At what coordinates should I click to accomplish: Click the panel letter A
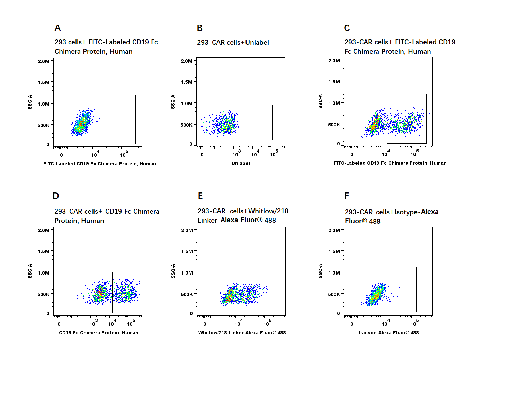pyautogui.click(x=57, y=28)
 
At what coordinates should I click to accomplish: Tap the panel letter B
pyautogui.click(x=200, y=28)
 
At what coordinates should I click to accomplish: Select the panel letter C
pyautogui.click(x=347, y=28)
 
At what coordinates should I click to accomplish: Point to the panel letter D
pyautogui.click(x=56, y=196)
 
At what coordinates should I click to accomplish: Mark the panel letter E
pyautogui.click(x=200, y=196)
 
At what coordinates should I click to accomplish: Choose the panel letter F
pyautogui.click(x=347, y=196)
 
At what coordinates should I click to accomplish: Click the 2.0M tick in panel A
pyautogui.click(x=44, y=61)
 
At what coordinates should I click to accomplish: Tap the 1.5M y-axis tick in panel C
pyautogui.click(x=334, y=82)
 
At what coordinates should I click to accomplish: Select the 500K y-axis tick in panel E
pyautogui.click(x=187, y=294)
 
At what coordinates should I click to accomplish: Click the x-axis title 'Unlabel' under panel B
pyautogui.click(x=241, y=163)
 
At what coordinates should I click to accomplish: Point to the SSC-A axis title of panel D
pyautogui.click(x=30, y=271)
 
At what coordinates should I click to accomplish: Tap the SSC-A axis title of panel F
pyautogui.click(x=320, y=271)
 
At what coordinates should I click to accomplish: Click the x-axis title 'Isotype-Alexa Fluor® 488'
pyautogui.click(x=389, y=333)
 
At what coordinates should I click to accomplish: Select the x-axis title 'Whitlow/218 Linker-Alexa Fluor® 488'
pyautogui.click(x=242, y=333)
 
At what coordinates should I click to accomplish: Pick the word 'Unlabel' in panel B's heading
pyautogui.click(x=257, y=42)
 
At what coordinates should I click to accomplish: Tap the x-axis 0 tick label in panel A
pyautogui.click(x=61, y=155)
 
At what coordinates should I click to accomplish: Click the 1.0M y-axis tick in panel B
pyautogui.click(x=187, y=104)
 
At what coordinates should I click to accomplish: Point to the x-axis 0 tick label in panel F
pyautogui.click(x=352, y=324)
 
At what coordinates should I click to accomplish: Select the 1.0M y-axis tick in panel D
pyautogui.click(x=44, y=273)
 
